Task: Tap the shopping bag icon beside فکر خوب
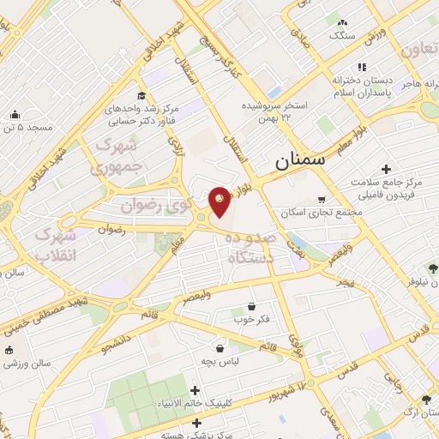tap(251, 306)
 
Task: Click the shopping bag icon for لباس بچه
tap(221, 348)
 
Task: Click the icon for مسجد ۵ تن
tap(15, 114)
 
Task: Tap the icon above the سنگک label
tap(343, 22)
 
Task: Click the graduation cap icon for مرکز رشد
tap(141, 96)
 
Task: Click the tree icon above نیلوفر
tap(434, 267)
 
